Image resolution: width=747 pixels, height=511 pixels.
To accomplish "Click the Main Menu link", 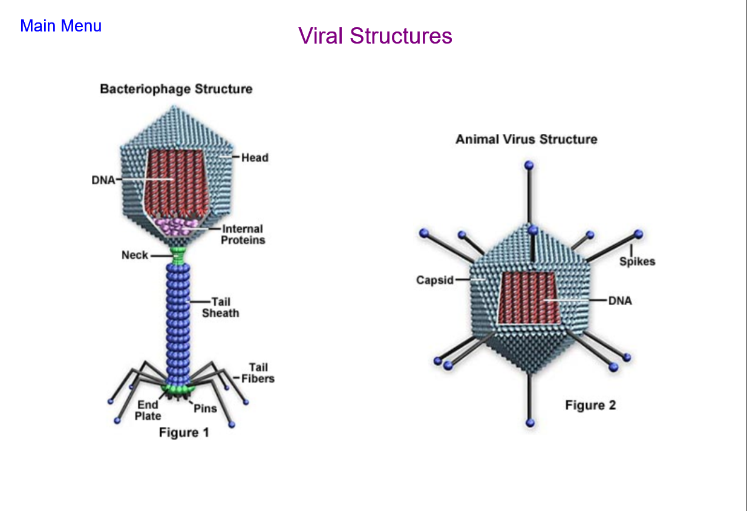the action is [60, 26].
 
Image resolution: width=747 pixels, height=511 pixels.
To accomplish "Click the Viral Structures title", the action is [375, 36].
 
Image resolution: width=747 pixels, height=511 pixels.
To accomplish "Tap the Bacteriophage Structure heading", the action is [176, 89].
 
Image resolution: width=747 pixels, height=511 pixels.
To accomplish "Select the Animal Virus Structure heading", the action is [526, 139].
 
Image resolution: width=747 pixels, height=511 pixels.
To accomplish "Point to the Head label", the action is [255, 157].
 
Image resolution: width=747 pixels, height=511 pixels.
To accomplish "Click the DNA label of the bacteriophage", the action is [103, 180].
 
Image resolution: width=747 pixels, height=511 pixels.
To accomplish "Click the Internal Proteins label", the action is [243, 234].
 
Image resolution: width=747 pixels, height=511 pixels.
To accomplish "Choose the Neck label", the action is [135, 255].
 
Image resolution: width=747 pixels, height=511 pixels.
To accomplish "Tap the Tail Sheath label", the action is [220, 308].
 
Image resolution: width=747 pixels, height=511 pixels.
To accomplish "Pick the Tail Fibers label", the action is [258, 373].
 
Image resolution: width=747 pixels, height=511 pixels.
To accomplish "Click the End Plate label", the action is [148, 410].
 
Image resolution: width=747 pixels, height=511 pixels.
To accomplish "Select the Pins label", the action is [205, 408].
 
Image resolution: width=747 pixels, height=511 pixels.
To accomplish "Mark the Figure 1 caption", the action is [184, 432].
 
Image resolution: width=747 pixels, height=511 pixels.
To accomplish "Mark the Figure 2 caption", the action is [590, 405].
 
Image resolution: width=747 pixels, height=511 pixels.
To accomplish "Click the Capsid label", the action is [435, 280].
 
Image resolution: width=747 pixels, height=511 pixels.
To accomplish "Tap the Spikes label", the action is [638, 262].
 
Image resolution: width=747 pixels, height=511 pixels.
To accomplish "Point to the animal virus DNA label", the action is [620, 301].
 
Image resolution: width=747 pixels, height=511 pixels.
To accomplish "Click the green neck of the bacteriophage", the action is [178, 255].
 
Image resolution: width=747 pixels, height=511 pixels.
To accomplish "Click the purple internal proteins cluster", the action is [177, 226].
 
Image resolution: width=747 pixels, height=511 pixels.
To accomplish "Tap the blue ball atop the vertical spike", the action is [529, 165].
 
